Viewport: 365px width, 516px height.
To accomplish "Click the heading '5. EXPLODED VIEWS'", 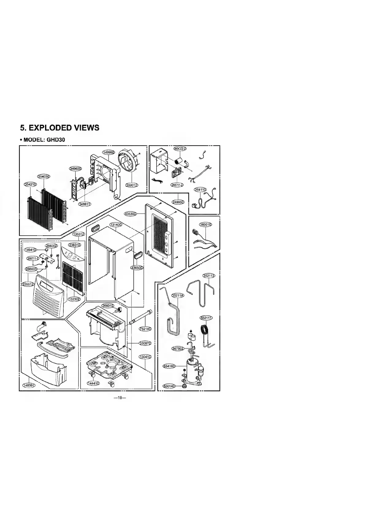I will [59, 128].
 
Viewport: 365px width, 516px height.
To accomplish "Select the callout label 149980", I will [108, 152].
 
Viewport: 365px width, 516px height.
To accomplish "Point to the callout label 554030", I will [44, 176].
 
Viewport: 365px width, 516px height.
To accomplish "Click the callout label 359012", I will [132, 185].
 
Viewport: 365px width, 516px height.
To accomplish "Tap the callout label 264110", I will [200, 190].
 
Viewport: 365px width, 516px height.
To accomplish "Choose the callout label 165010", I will [206, 225].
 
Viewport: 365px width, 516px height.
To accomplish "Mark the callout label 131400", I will [116, 225].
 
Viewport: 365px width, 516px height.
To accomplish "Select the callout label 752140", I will [145, 329].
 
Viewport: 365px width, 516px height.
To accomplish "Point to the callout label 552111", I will [206, 317].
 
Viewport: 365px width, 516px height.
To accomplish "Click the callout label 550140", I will [169, 386].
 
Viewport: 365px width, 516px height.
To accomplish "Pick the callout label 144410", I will [93, 383].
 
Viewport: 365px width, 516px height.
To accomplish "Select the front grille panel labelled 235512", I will [49, 296].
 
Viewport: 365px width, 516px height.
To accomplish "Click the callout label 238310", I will [74, 245].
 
